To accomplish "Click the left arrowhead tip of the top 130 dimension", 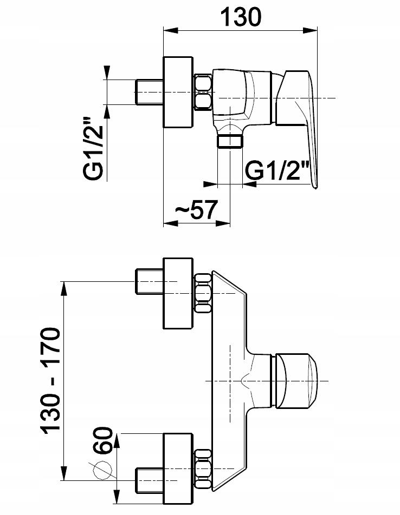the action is click(164, 31).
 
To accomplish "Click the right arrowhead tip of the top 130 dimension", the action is click(317, 31).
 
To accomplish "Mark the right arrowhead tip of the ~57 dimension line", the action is click(230, 223).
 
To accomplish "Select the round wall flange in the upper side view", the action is click(178, 92).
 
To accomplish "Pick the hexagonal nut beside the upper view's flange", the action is click(203, 93).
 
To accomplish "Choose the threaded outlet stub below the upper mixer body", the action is click(230, 142).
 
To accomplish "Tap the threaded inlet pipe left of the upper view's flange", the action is click(150, 92).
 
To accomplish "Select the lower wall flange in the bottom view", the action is click(178, 468).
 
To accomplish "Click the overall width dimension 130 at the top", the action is click(241, 17).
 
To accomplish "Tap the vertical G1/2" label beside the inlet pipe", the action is click(93, 148).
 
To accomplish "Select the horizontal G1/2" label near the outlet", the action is click(278, 170).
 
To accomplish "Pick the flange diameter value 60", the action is click(104, 441).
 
